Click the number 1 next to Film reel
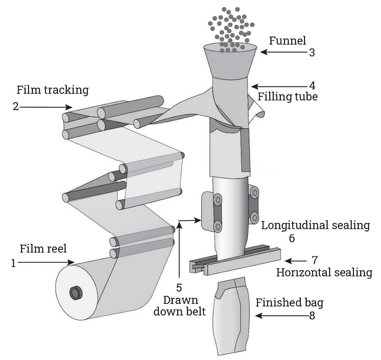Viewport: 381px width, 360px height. tap(14, 264)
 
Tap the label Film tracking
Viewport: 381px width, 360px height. tap(52, 90)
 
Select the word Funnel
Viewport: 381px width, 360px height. tap(287, 41)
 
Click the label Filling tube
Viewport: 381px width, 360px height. tap(288, 97)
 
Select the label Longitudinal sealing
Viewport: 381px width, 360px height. tap(315, 225)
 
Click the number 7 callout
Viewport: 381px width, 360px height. tap(315, 260)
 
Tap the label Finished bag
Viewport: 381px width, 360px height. tap(289, 303)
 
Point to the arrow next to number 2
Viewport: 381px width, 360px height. tap(45, 106)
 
